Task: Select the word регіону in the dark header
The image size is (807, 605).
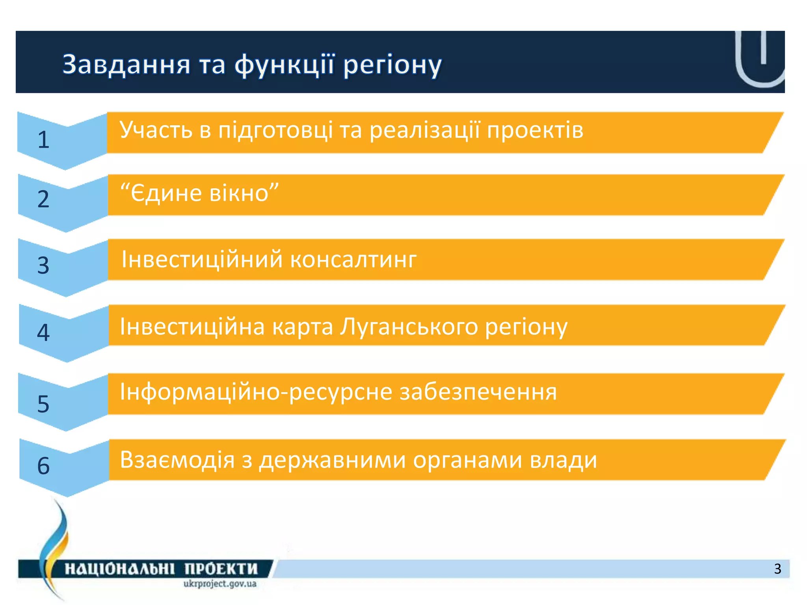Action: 392,65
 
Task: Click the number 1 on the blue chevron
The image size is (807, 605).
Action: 43,140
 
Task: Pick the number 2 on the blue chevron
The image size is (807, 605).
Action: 43,199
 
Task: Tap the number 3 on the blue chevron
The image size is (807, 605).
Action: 43,265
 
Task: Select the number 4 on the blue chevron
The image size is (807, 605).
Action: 43,332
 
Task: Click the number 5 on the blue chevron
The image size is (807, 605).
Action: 43,404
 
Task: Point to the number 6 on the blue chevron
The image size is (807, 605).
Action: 43,466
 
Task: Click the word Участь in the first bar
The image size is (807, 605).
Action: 156,130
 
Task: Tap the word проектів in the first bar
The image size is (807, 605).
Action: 535,130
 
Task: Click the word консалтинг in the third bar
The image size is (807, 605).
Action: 353,260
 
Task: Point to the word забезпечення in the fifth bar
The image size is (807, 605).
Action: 478,392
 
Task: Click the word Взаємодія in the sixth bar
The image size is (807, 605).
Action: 177,460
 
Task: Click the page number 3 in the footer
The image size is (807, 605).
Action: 777,569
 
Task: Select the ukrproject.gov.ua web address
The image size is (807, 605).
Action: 220,584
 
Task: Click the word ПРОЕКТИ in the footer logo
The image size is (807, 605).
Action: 221,569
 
